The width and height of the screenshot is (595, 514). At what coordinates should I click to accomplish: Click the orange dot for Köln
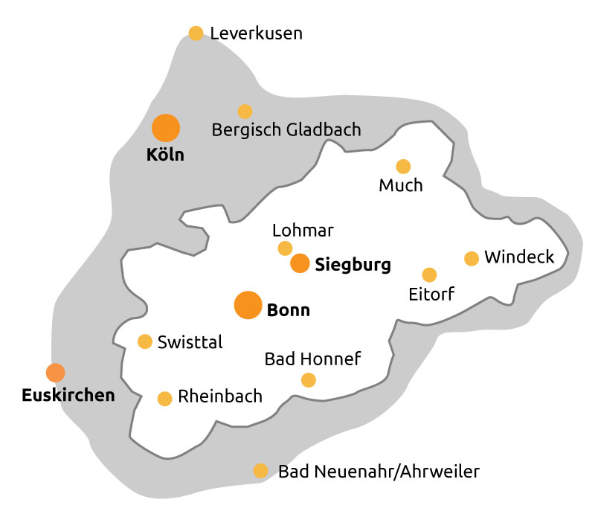[x=166, y=128]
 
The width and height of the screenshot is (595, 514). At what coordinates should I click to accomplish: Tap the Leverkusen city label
[x=256, y=33]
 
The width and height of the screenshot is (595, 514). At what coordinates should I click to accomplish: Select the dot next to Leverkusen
[x=196, y=33]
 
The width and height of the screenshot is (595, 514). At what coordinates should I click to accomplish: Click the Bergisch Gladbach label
[x=286, y=130]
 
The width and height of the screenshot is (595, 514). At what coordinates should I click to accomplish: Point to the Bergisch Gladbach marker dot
[x=245, y=112]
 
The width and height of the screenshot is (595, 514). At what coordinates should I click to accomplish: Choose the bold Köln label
[x=165, y=155]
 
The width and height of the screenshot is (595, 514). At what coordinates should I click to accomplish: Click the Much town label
[x=401, y=185]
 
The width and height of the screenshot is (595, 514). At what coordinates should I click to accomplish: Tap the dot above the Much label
[x=403, y=166]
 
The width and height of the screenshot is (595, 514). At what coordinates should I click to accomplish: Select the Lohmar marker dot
[x=285, y=248]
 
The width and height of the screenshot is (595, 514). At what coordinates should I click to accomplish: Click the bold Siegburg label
[x=353, y=265]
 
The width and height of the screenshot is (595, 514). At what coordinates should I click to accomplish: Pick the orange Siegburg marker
[x=300, y=263]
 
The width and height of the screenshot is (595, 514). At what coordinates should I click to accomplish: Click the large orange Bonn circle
[x=248, y=305]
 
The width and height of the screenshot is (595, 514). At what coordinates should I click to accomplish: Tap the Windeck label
[x=519, y=257]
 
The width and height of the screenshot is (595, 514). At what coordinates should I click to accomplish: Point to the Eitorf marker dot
[x=429, y=274]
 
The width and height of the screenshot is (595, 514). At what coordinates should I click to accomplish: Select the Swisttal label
[x=190, y=342]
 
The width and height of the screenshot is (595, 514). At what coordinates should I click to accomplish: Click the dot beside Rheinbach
[x=165, y=399]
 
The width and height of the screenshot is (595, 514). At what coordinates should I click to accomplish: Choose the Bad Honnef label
[x=312, y=360]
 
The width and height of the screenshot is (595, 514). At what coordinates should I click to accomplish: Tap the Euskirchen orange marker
[x=55, y=372]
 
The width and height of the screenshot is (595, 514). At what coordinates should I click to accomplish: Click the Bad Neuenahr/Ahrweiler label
[x=379, y=472]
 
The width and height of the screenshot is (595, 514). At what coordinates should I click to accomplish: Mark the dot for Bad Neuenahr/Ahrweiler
[x=260, y=471]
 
